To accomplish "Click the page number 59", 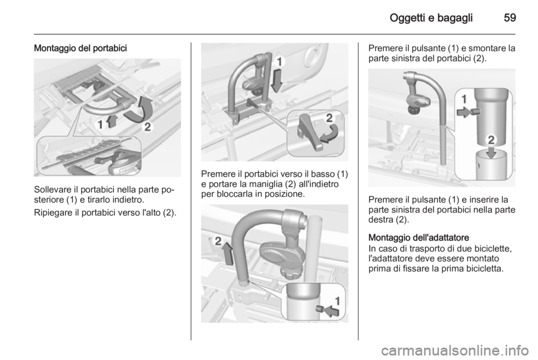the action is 510,17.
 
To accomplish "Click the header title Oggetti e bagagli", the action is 431,18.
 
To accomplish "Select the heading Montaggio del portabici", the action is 80,48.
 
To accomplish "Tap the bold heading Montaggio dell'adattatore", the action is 419,238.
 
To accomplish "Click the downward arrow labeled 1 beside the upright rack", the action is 276,81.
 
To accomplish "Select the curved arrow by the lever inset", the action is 330,135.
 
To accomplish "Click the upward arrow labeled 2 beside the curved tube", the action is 228,253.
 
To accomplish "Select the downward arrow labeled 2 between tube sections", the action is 491,152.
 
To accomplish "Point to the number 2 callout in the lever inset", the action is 329,118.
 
